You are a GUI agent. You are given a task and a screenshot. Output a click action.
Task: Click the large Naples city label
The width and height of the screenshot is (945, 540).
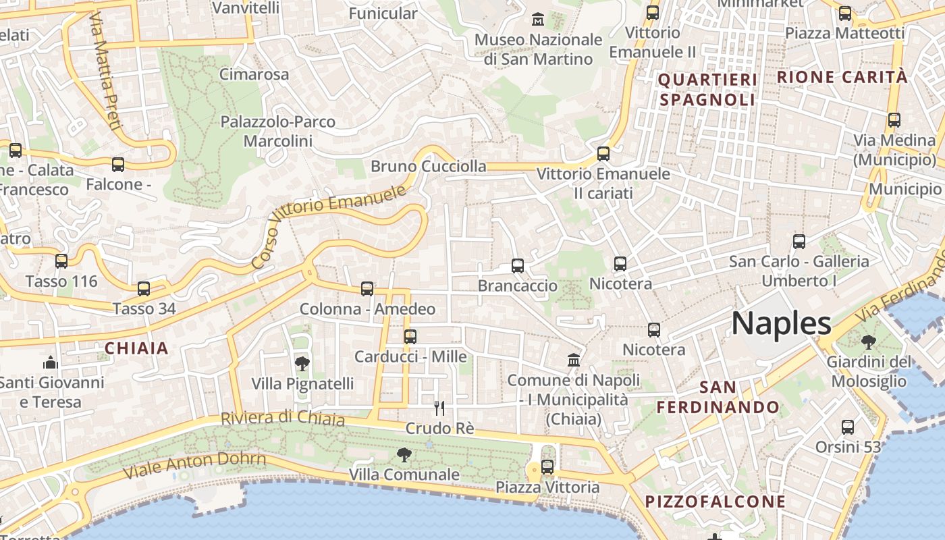click(x=781, y=324)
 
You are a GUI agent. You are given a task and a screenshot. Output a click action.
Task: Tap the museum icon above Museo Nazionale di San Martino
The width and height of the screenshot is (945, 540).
click(x=538, y=19)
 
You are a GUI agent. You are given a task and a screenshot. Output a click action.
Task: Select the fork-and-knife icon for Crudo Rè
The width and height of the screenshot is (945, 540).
click(x=439, y=408)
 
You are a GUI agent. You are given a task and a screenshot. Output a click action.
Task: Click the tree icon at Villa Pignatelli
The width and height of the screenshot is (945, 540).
click(x=302, y=364)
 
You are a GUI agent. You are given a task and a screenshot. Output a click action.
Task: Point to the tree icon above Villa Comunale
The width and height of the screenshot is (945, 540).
click(x=404, y=454)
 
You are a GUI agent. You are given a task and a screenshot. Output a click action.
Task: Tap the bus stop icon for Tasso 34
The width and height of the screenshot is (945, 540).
click(x=144, y=289)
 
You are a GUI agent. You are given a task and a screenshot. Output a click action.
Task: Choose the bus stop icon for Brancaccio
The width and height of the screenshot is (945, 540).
click(x=518, y=266)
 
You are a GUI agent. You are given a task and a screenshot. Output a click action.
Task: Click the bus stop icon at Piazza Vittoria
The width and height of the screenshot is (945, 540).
click(x=547, y=466)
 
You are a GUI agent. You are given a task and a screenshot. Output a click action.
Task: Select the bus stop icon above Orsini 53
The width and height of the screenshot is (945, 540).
click(x=848, y=427)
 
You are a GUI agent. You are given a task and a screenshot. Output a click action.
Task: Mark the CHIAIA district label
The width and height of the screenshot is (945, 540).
click(x=136, y=348)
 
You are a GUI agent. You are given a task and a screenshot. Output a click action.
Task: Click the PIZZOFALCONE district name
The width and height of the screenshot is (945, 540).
click(x=715, y=502)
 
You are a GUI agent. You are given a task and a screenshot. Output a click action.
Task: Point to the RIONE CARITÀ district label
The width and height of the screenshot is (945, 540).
click(x=842, y=77)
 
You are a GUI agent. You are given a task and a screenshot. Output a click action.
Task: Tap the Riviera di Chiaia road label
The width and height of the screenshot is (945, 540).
click(x=283, y=418)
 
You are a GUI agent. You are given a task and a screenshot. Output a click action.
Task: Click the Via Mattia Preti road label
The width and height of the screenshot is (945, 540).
click(x=105, y=71)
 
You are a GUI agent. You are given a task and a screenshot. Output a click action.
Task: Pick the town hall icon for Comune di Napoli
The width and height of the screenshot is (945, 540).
click(x=574, y=360)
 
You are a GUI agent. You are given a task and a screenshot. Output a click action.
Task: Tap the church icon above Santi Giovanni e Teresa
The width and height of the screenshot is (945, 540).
click(x=51, y=363)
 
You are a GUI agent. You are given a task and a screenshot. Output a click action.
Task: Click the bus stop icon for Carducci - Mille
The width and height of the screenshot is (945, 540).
click(x=410, y=336)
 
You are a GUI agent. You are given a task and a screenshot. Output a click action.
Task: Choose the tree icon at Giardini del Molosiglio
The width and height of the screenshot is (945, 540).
click(x=869, y=342)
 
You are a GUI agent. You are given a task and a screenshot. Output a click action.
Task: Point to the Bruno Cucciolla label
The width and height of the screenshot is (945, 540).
click(x=429, y=166)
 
